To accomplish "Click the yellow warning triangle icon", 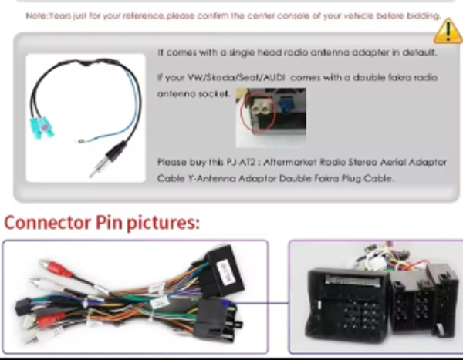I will pyautogui.click(x=448, y=31).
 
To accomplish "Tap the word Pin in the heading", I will pyautogui.click(x=110, y=223).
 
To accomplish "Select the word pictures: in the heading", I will pyautogui.click(x=164, y=223).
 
